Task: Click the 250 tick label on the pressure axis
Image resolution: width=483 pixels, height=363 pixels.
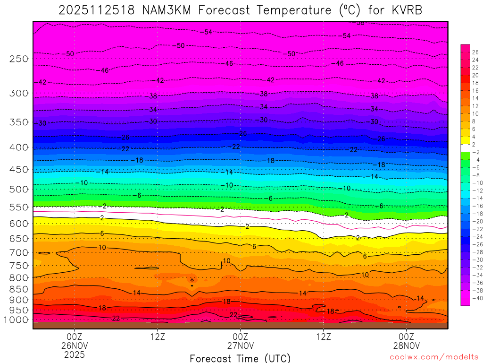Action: click(x=18, y=59)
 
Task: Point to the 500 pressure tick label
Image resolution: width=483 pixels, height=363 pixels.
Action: click(x=18, y=190)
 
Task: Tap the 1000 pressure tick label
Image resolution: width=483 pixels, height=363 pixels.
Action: click(x=17, y=320)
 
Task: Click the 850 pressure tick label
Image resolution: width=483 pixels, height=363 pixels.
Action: click(x=18, y=289)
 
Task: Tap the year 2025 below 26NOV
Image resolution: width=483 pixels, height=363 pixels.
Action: click(x=75, y=354)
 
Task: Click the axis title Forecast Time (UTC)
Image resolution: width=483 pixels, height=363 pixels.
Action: click(x=240, y=358)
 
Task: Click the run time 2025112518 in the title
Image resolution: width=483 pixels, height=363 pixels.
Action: click(x=97, y=10)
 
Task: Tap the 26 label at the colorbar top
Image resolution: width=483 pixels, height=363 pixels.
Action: click(x=475, y=52)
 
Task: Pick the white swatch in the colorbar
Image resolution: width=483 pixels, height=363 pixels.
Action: click(x=465, y=148)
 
